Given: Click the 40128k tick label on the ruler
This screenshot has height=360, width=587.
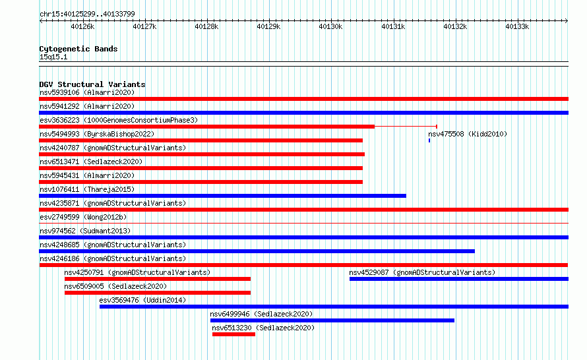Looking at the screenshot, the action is [x=206, y=26].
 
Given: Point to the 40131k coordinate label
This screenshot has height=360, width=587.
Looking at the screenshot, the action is [x=392, y=26].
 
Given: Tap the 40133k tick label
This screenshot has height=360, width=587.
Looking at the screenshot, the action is [x=517, y=26].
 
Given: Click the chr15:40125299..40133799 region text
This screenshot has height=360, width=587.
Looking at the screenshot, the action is [x=87, y=14].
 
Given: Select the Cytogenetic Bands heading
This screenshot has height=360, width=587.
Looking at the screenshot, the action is [x=78, y=49].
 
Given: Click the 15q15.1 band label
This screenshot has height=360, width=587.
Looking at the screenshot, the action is [x=53, y=57].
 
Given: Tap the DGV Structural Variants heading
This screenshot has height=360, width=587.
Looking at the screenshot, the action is [x=92, y=84].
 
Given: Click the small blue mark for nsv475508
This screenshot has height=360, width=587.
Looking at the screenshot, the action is [x=429, y=140].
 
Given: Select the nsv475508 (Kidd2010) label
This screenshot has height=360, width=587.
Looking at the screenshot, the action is [x=468, y=134].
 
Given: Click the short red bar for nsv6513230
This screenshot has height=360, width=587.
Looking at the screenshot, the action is [x=233, y=334].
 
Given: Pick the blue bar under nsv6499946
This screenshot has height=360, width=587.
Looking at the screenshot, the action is [x=332, y=320].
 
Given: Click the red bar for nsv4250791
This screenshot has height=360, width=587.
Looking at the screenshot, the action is [x=158, y=279].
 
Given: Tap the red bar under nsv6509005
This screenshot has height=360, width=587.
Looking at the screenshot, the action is [x=158, y=293].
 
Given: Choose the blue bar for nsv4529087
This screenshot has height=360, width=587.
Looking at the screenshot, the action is [x=459, y=279].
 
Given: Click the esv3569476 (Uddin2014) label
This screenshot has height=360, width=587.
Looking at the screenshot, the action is [x=142, y=300].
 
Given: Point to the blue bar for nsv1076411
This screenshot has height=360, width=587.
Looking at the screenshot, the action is [x=223, y=196].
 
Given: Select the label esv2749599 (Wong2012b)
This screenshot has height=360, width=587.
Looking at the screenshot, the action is [x=83, y=217].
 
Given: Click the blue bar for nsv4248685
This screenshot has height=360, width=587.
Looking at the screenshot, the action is [x=257, y=251].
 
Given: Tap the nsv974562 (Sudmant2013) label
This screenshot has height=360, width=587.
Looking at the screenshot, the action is [x=85, y=231].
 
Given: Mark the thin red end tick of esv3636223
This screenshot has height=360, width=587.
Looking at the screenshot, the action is [x=437, y=127].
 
